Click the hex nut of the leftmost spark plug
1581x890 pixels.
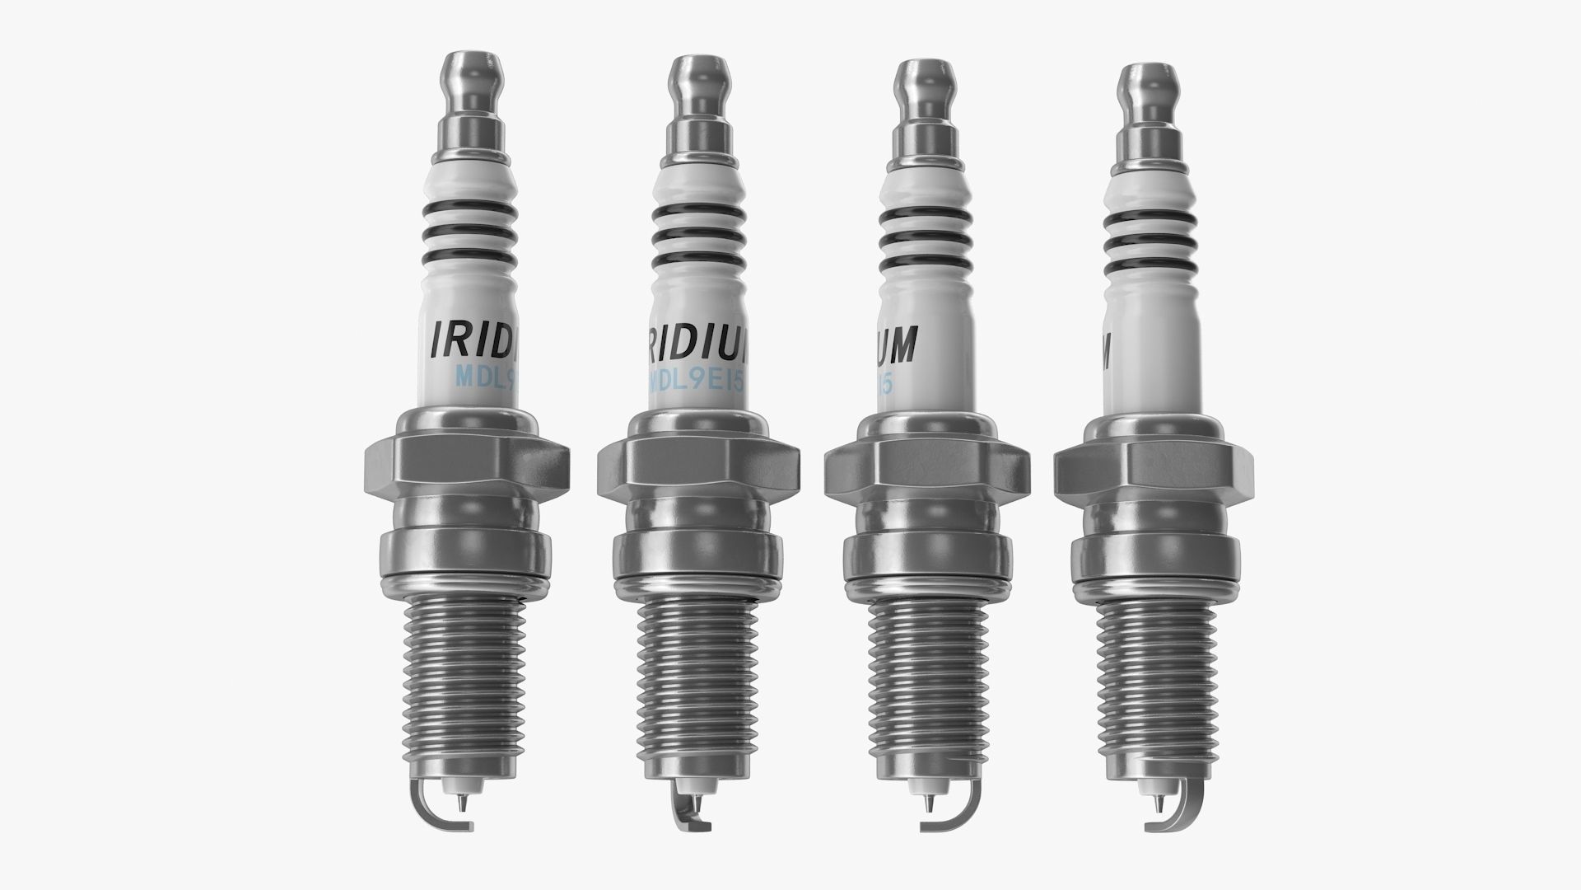coord(467,464)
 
